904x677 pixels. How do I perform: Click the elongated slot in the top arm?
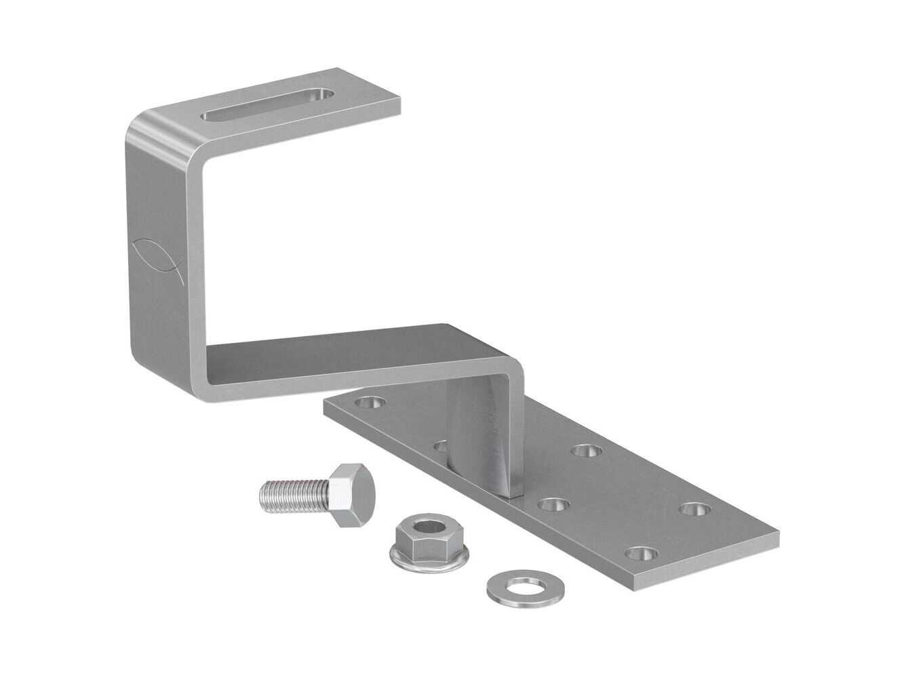pyautogui.click(x=269, y=104)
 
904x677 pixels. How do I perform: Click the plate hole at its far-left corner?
pyautogui.click(x=370, y=402)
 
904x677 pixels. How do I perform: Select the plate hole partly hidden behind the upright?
pyautogui.click(x=441, y=446)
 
